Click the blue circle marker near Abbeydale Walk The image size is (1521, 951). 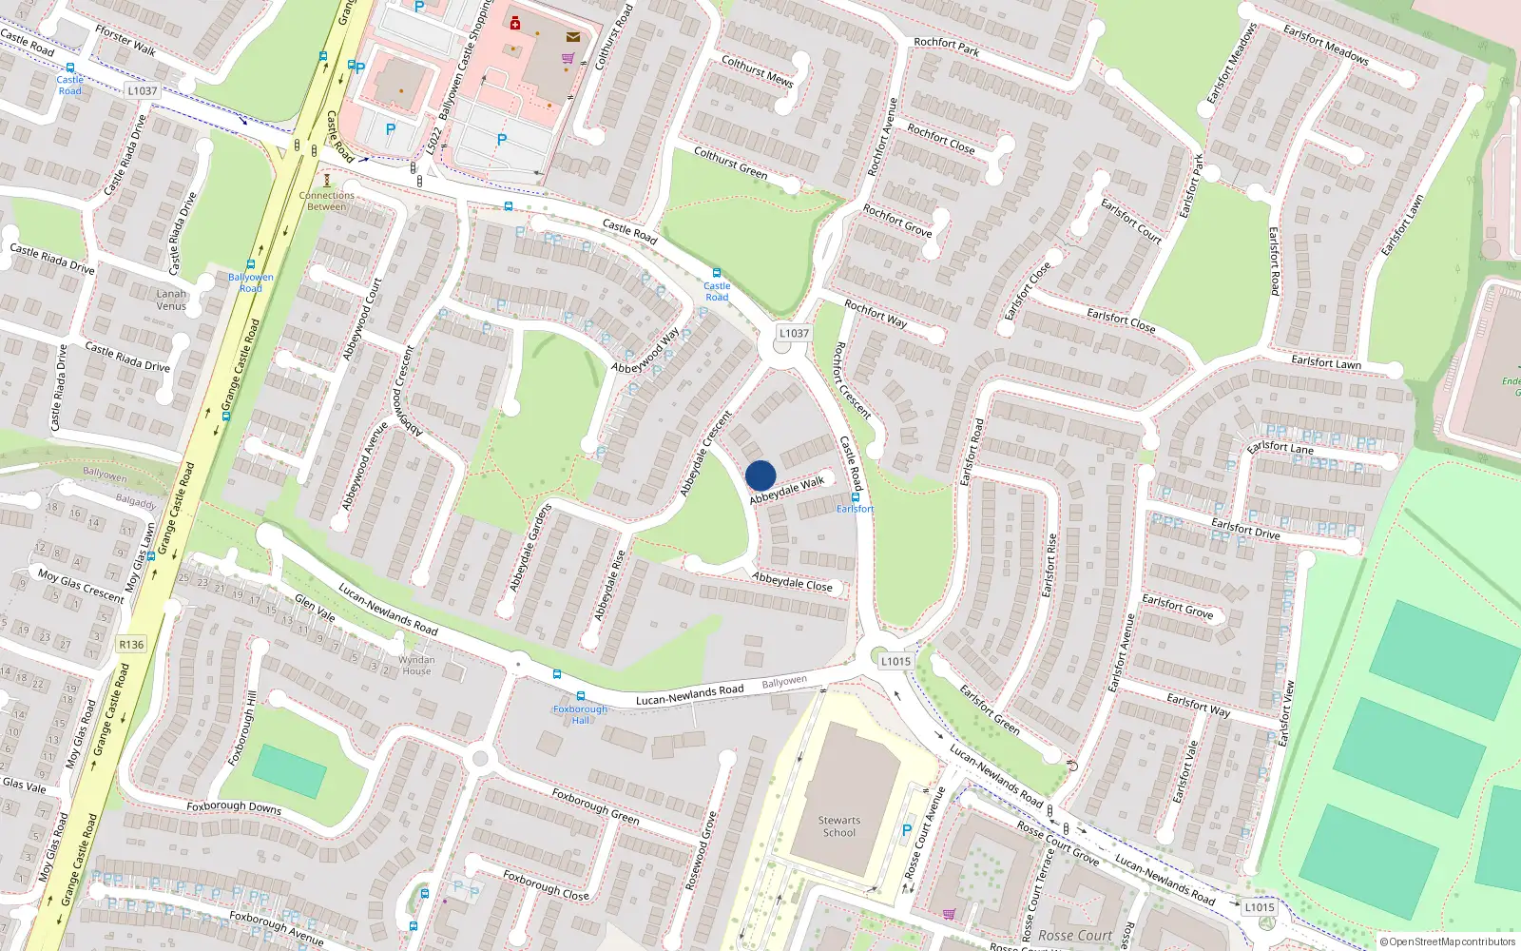tap(760, 475)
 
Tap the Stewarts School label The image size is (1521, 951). tap(838, 826)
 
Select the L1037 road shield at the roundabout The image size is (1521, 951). tap(794, 333)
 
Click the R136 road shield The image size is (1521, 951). tap(131, 645)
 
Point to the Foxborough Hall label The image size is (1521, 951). tap(580, 714)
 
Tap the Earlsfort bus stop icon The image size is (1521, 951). tap(856, 496)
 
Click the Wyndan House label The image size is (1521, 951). tap(416, 665)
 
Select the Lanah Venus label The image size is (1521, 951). tap(171, 300)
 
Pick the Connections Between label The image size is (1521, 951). tap(326, 201)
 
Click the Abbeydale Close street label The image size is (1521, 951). tap(792, 582)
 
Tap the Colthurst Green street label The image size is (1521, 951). tap(730, 163)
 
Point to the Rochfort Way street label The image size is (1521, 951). tap(876, 314)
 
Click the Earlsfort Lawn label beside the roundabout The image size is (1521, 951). tap(1325, 362)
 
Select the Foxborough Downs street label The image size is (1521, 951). tap(234, 807)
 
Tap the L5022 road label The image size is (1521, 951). tap(433, 141)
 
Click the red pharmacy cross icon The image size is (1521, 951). tap(515, 23)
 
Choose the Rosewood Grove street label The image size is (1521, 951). tap(702, 850)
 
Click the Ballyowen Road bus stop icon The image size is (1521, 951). tap(251, 265)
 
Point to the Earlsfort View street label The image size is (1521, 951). tap(1286, 713)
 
